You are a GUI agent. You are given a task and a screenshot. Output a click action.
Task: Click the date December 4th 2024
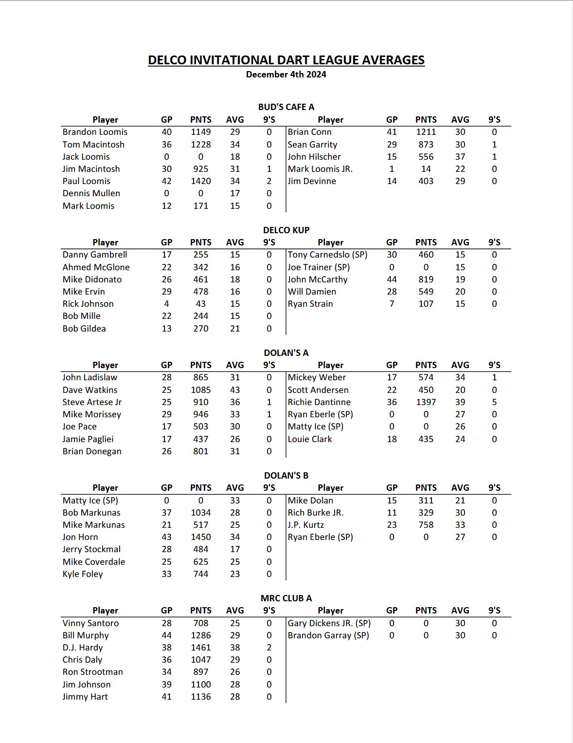(x=286, y=74)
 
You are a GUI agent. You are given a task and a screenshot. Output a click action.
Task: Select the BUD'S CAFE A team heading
(x=286, y=107)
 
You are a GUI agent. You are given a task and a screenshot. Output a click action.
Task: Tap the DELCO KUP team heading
(x=286, y=230)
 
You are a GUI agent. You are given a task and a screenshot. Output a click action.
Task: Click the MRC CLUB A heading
(x=286, y=598)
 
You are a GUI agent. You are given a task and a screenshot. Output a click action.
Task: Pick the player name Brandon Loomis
(x=95, y=132)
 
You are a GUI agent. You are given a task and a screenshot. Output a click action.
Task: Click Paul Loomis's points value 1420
(x=200, y=181)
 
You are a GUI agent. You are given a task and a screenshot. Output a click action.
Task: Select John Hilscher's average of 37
(x=460, y=157)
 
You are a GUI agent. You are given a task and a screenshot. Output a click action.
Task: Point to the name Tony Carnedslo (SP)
(x=327, y=255)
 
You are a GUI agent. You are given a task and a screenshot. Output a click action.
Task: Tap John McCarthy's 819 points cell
(x=426, y=279)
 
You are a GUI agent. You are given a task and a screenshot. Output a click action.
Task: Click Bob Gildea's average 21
(x=235, y=329)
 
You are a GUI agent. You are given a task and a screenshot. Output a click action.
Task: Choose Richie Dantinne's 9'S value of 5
(x=494, y=402)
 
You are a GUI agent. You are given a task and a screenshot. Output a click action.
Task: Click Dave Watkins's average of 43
(x=235, y=390)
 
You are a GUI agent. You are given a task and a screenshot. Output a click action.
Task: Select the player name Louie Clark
(x=310, y=439)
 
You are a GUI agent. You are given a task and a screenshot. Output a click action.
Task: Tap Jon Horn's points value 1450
(x=200, y=537)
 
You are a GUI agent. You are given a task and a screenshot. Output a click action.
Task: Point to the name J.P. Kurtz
(x=305, y=525)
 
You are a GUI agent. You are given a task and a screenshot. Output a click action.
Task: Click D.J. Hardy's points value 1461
(x=200, y=648)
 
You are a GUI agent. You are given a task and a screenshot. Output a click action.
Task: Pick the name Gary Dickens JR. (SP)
(x=329, y=623)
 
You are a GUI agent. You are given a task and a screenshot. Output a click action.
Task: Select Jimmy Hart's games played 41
(x=166, y=697)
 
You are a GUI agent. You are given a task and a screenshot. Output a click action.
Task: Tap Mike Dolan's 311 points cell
(x=426, y=501)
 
